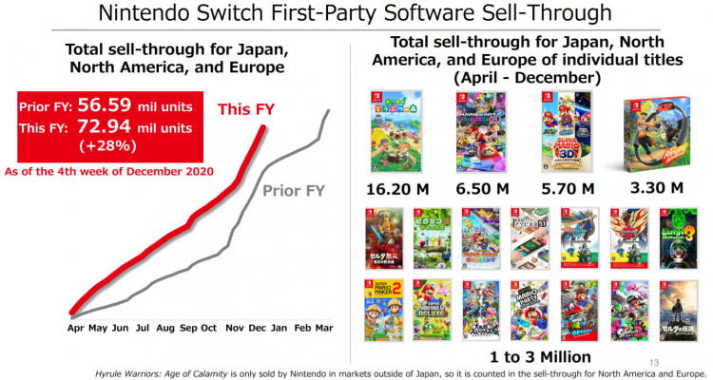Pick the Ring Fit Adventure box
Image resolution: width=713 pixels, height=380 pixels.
click(x=654, y=134)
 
